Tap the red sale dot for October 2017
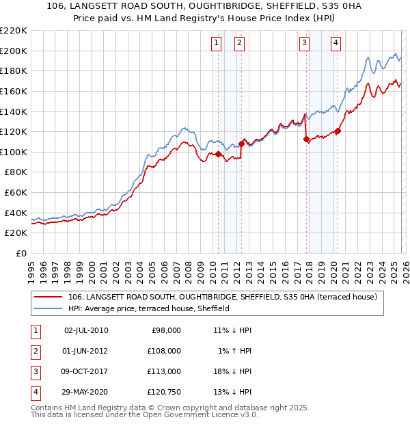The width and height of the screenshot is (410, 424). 306,139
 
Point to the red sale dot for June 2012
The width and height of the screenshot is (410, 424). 241,144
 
